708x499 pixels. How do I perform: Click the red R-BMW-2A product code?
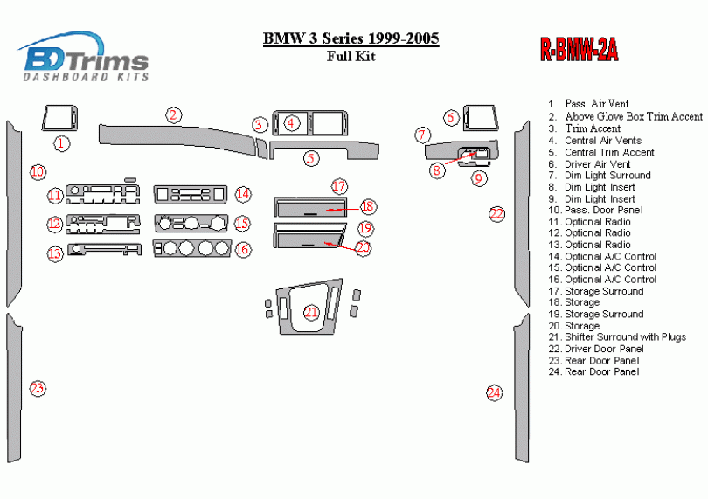click(x=579, y=52)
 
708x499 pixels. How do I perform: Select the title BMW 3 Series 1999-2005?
click(x=351, y=39)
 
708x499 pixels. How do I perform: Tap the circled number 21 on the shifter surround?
click(x=311, y=312)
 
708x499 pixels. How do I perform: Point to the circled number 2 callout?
click(x=174, y=115)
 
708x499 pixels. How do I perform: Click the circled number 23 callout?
click(x=37, y=388)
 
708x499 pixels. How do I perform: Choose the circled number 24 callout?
click(x=495, y=393)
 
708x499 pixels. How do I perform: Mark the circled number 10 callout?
click(x=37, y=172)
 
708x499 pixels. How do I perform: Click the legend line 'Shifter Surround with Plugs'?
click(x=625, y=337)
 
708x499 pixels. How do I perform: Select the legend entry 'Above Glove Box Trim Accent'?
click(x=633, y=116)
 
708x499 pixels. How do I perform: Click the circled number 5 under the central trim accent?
click(x=311, y=158)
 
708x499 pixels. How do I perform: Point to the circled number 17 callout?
click(x=339, y=186)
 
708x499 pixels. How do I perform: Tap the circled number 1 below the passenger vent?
click(x=60, y=142)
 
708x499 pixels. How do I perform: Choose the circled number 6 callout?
click(x=451, y=118)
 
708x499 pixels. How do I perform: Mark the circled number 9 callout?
click(x=479, y=178)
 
